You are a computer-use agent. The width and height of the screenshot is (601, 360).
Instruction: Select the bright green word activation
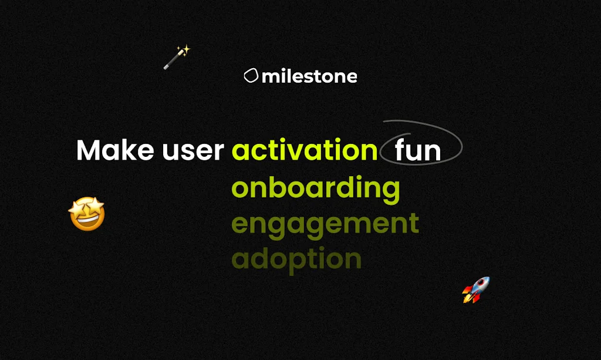(305, 151)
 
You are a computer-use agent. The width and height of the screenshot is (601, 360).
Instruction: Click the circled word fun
(417, 151)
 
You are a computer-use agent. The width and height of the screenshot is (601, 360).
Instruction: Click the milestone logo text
(309, 76)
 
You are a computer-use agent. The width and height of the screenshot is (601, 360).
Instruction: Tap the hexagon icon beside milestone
(251, 76)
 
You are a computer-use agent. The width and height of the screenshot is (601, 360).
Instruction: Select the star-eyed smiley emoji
(87, 214)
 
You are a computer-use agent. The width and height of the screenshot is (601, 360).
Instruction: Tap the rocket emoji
(476, 290)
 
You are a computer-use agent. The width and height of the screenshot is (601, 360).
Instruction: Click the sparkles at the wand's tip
(184, 51)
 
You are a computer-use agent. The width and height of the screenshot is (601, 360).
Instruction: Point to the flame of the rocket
(468, 298)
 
